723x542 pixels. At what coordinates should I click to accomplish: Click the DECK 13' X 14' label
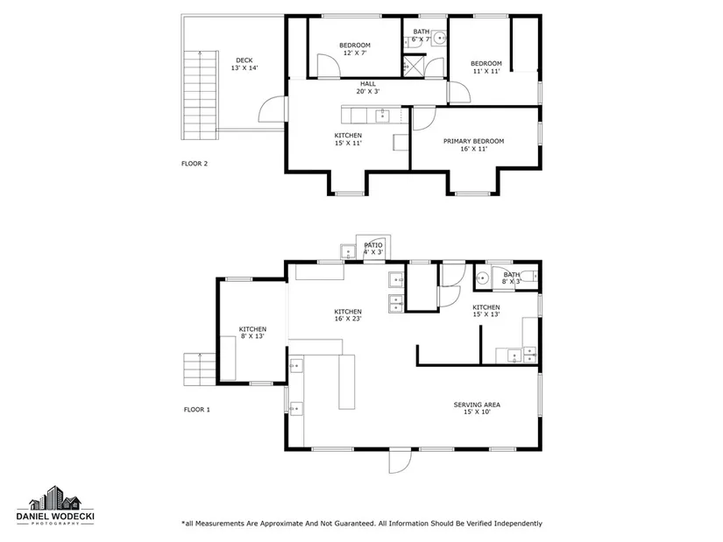tap(245, 64)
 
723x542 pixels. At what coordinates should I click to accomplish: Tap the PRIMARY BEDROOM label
tap(473, 144)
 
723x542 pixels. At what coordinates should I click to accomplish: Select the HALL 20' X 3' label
tap(368, 88)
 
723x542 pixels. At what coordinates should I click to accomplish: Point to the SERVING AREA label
tap(477, 408)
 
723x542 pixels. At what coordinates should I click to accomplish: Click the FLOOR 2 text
tap(195, 164)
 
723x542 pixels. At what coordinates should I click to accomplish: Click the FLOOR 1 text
tap(197, 410)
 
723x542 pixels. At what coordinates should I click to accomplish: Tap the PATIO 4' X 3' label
tap(373, 249)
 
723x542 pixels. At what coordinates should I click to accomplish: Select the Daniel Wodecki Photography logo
tap(55, 505)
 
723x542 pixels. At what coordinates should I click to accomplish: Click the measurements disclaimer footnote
tap(362, 524)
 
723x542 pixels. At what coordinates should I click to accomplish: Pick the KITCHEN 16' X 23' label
tap(348, 315)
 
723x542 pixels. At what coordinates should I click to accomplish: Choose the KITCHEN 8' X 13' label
tap(252, 333)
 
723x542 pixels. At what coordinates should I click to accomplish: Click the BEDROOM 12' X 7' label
tap(355, 49)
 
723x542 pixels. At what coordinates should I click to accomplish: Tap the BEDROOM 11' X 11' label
tap(486, 67)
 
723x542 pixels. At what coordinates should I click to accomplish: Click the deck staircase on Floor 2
tap(200, 95)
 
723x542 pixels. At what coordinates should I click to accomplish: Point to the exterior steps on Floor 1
tap(200, 370)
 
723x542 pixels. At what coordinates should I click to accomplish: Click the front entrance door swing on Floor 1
tap(400, 461)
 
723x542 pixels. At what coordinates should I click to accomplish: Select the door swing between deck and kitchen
tap(273, 109)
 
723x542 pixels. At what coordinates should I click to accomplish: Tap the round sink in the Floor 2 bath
tap(439, 38)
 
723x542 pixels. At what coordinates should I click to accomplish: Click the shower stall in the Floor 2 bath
tap(410, 67)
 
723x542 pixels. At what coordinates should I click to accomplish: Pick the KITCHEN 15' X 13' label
tap(486, 311)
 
